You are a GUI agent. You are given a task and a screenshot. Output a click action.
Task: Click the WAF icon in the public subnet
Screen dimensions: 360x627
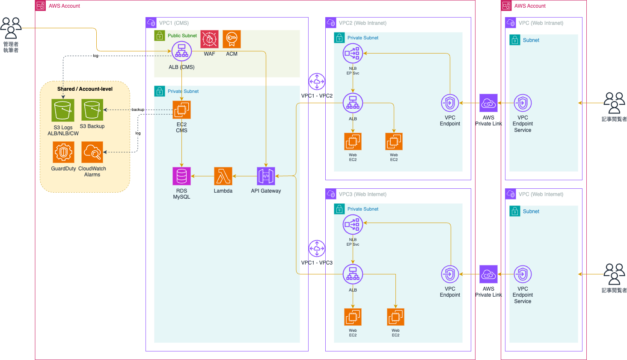pyautogui.click(x=209, y=39)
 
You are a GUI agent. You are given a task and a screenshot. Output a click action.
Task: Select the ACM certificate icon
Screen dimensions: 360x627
pyautogui.click(x=232, y=39)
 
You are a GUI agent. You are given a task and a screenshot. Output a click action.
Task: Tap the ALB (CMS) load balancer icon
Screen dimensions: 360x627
pyautogui.click(x=181, y=51)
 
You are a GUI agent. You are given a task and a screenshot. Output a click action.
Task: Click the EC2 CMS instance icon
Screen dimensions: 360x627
pyautogui.click(x=181, y=110)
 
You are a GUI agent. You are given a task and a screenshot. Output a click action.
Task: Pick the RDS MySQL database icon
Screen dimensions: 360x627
pyautogui.click(x=181, y=176)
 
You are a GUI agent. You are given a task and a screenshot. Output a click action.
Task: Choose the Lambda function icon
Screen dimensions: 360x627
pyautogui.click(x=223, y=176)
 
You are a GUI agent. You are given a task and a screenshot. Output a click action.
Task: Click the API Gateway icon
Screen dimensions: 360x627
pyautogui.click(x=266, y=176)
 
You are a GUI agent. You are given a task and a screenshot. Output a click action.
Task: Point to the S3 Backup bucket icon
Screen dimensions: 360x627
pyautogui.click(x=92, y=110)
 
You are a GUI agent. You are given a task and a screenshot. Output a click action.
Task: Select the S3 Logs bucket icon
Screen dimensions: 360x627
pyautogui.click(x=63, y=110)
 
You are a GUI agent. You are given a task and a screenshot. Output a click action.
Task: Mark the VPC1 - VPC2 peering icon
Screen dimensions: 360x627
pyautogui.click(x=317, y=81)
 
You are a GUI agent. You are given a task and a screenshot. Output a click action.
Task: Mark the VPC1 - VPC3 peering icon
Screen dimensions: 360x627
pyautogui.click(x=317, y=248)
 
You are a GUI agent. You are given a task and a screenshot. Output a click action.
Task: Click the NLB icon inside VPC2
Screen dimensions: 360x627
pyautogui.click(x=353, y=54)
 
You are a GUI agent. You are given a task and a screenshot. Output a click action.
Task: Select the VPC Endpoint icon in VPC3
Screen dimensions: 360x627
pyautogui.click(x=450, y=274)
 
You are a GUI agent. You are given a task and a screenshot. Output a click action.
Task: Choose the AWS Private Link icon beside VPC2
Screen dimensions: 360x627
pyautogui.click(x=488, y=103)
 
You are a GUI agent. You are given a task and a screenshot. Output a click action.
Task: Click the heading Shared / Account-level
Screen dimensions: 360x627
pyautogui.click(x=85, y=89)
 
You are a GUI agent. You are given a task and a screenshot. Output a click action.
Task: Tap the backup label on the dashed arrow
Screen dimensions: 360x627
pyautogui.click(x=138, y=110)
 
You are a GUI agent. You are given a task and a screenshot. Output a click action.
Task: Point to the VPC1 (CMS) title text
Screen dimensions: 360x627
pyautogui.click(x=174, y=23)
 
